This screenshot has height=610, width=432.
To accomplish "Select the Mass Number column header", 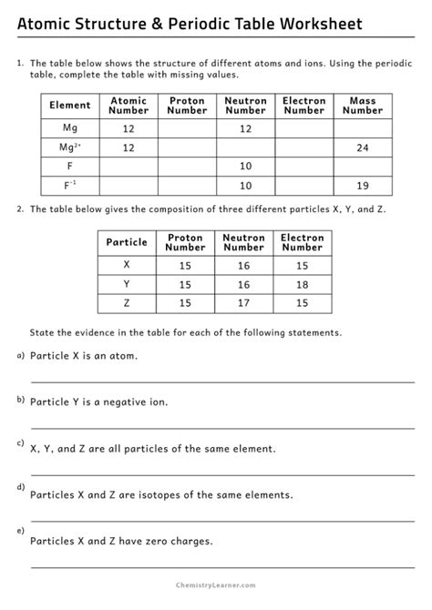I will pyautogui.click(x=362, y=106).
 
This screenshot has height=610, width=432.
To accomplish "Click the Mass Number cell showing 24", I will pyautogui.click(x=362, y=147).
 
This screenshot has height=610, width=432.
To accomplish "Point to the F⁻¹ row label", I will pyautogui.click(x=69, y=186).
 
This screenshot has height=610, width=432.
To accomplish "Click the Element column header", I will pyautogui.click(x=69, y=106).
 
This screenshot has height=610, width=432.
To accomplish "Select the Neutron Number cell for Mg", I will pyautogui.click(x=244, y=128).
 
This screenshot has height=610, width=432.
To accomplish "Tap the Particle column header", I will pyautogui.click(x=127, y=243).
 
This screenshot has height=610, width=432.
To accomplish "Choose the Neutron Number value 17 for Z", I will pyautogui.click(x=243, y=303).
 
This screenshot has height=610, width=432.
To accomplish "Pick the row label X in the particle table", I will pyautogui.click(x=127, y=265).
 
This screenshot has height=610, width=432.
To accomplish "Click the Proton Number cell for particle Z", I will pyautogui.click(x=186, y=303).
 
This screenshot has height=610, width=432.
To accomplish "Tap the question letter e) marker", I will pyautogui.click(x=20, y=530).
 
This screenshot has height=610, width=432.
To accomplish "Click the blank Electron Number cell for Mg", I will pyautogui.click(x=303, y=128).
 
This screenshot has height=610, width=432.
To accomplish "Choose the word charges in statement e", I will pyautogui.click(x=189, y=541).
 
